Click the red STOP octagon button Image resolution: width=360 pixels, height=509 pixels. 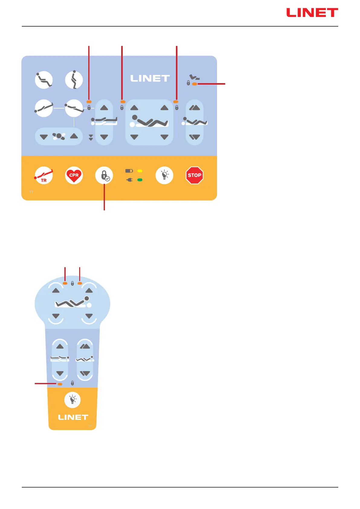(x=194, y=175)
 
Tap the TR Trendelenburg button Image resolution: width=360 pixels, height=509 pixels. (x=44, y=175)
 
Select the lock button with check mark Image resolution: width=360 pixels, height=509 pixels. (x=104, y=175)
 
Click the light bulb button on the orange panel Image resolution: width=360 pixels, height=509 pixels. (x=164, y=175)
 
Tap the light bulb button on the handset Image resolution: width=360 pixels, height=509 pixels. (x=73, y=400)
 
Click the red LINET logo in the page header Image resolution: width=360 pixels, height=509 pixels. (x=312, y=13)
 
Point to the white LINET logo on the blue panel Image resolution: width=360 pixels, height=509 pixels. (x=150, y=79)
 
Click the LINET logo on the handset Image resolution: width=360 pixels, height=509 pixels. (x=73, y=417)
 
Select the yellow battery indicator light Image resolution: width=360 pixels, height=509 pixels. (x=140, y=171)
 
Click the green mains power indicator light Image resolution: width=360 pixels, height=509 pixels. (x=140, y=180)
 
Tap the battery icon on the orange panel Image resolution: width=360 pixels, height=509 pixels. (x=129, y=171)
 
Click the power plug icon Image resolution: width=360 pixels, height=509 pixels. (x=129, y=180)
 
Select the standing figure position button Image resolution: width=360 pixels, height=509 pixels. (x=74, y=80)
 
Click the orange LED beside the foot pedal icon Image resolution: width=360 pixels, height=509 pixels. (x=195, y=84)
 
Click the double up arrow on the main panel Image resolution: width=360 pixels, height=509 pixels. (x=195, y=108)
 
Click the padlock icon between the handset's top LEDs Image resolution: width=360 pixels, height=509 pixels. (x=72, y=283)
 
